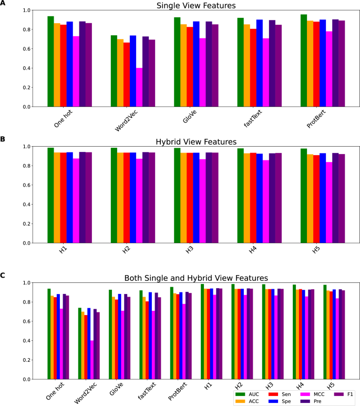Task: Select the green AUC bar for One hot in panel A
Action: click(x=50, y=62)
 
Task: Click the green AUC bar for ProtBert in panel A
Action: click(x=304, y=60)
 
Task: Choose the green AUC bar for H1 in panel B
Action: click(x=50, y=195)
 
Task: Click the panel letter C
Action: click(x=3, y=275)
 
